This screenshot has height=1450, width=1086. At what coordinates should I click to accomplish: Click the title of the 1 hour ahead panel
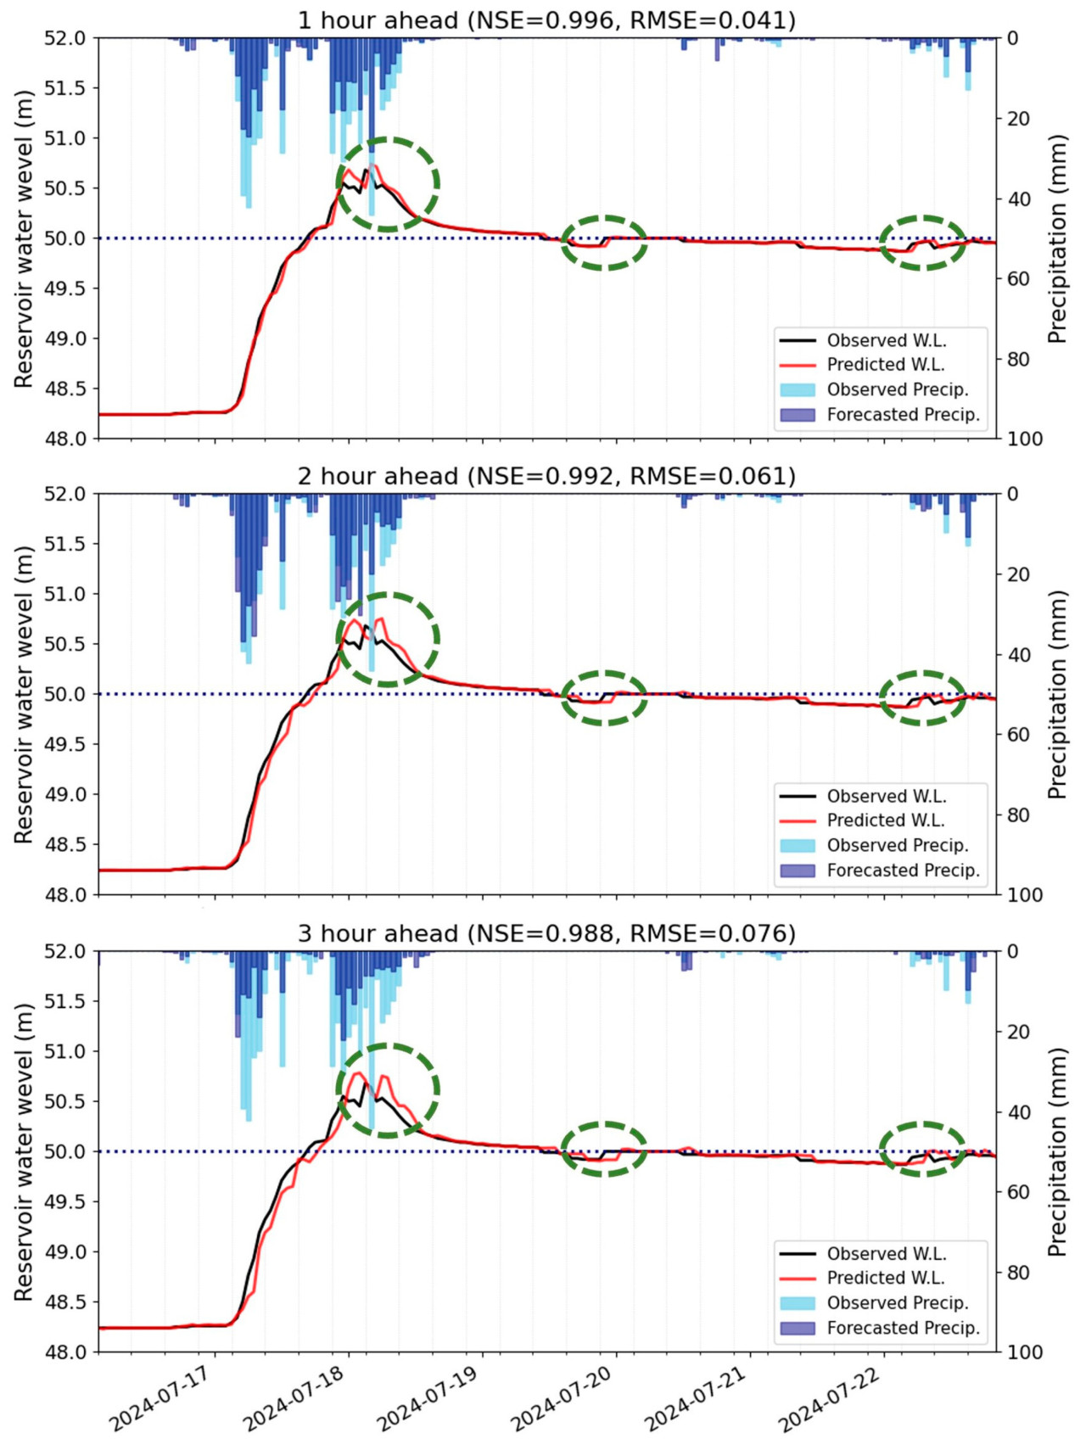[546, 20]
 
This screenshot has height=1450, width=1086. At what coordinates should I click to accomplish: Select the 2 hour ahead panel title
[546, 476]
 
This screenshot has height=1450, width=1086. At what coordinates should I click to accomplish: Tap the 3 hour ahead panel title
[546, 933]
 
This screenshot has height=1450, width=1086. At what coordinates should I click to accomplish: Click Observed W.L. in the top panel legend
[886, 340]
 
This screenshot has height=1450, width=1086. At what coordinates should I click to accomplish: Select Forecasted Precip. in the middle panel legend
[903, 871]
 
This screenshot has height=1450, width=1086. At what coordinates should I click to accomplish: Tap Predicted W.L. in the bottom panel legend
[885, 1278]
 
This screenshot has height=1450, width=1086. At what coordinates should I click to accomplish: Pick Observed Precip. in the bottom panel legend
[897, 1302]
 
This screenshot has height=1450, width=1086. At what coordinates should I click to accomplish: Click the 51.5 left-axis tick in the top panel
[64, 87]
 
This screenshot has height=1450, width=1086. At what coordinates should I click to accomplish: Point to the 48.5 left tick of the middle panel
[64, 844]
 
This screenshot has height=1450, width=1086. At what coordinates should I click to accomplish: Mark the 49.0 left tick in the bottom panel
[64, 1251]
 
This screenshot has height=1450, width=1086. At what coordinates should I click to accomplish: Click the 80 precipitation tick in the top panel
[1018, 359]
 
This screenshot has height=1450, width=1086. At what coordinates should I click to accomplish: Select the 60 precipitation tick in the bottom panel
[1018, 1192]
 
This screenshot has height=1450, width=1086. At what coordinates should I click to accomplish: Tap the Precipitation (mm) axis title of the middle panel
[1056, 694]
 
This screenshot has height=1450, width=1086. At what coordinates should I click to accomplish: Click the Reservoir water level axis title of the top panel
[23, 238]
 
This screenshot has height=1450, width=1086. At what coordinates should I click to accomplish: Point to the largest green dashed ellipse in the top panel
[388, 184]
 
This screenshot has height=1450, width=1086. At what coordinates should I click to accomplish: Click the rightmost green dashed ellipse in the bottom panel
[922, 1149]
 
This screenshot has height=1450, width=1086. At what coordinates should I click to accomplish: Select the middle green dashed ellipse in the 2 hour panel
[604, 697]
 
